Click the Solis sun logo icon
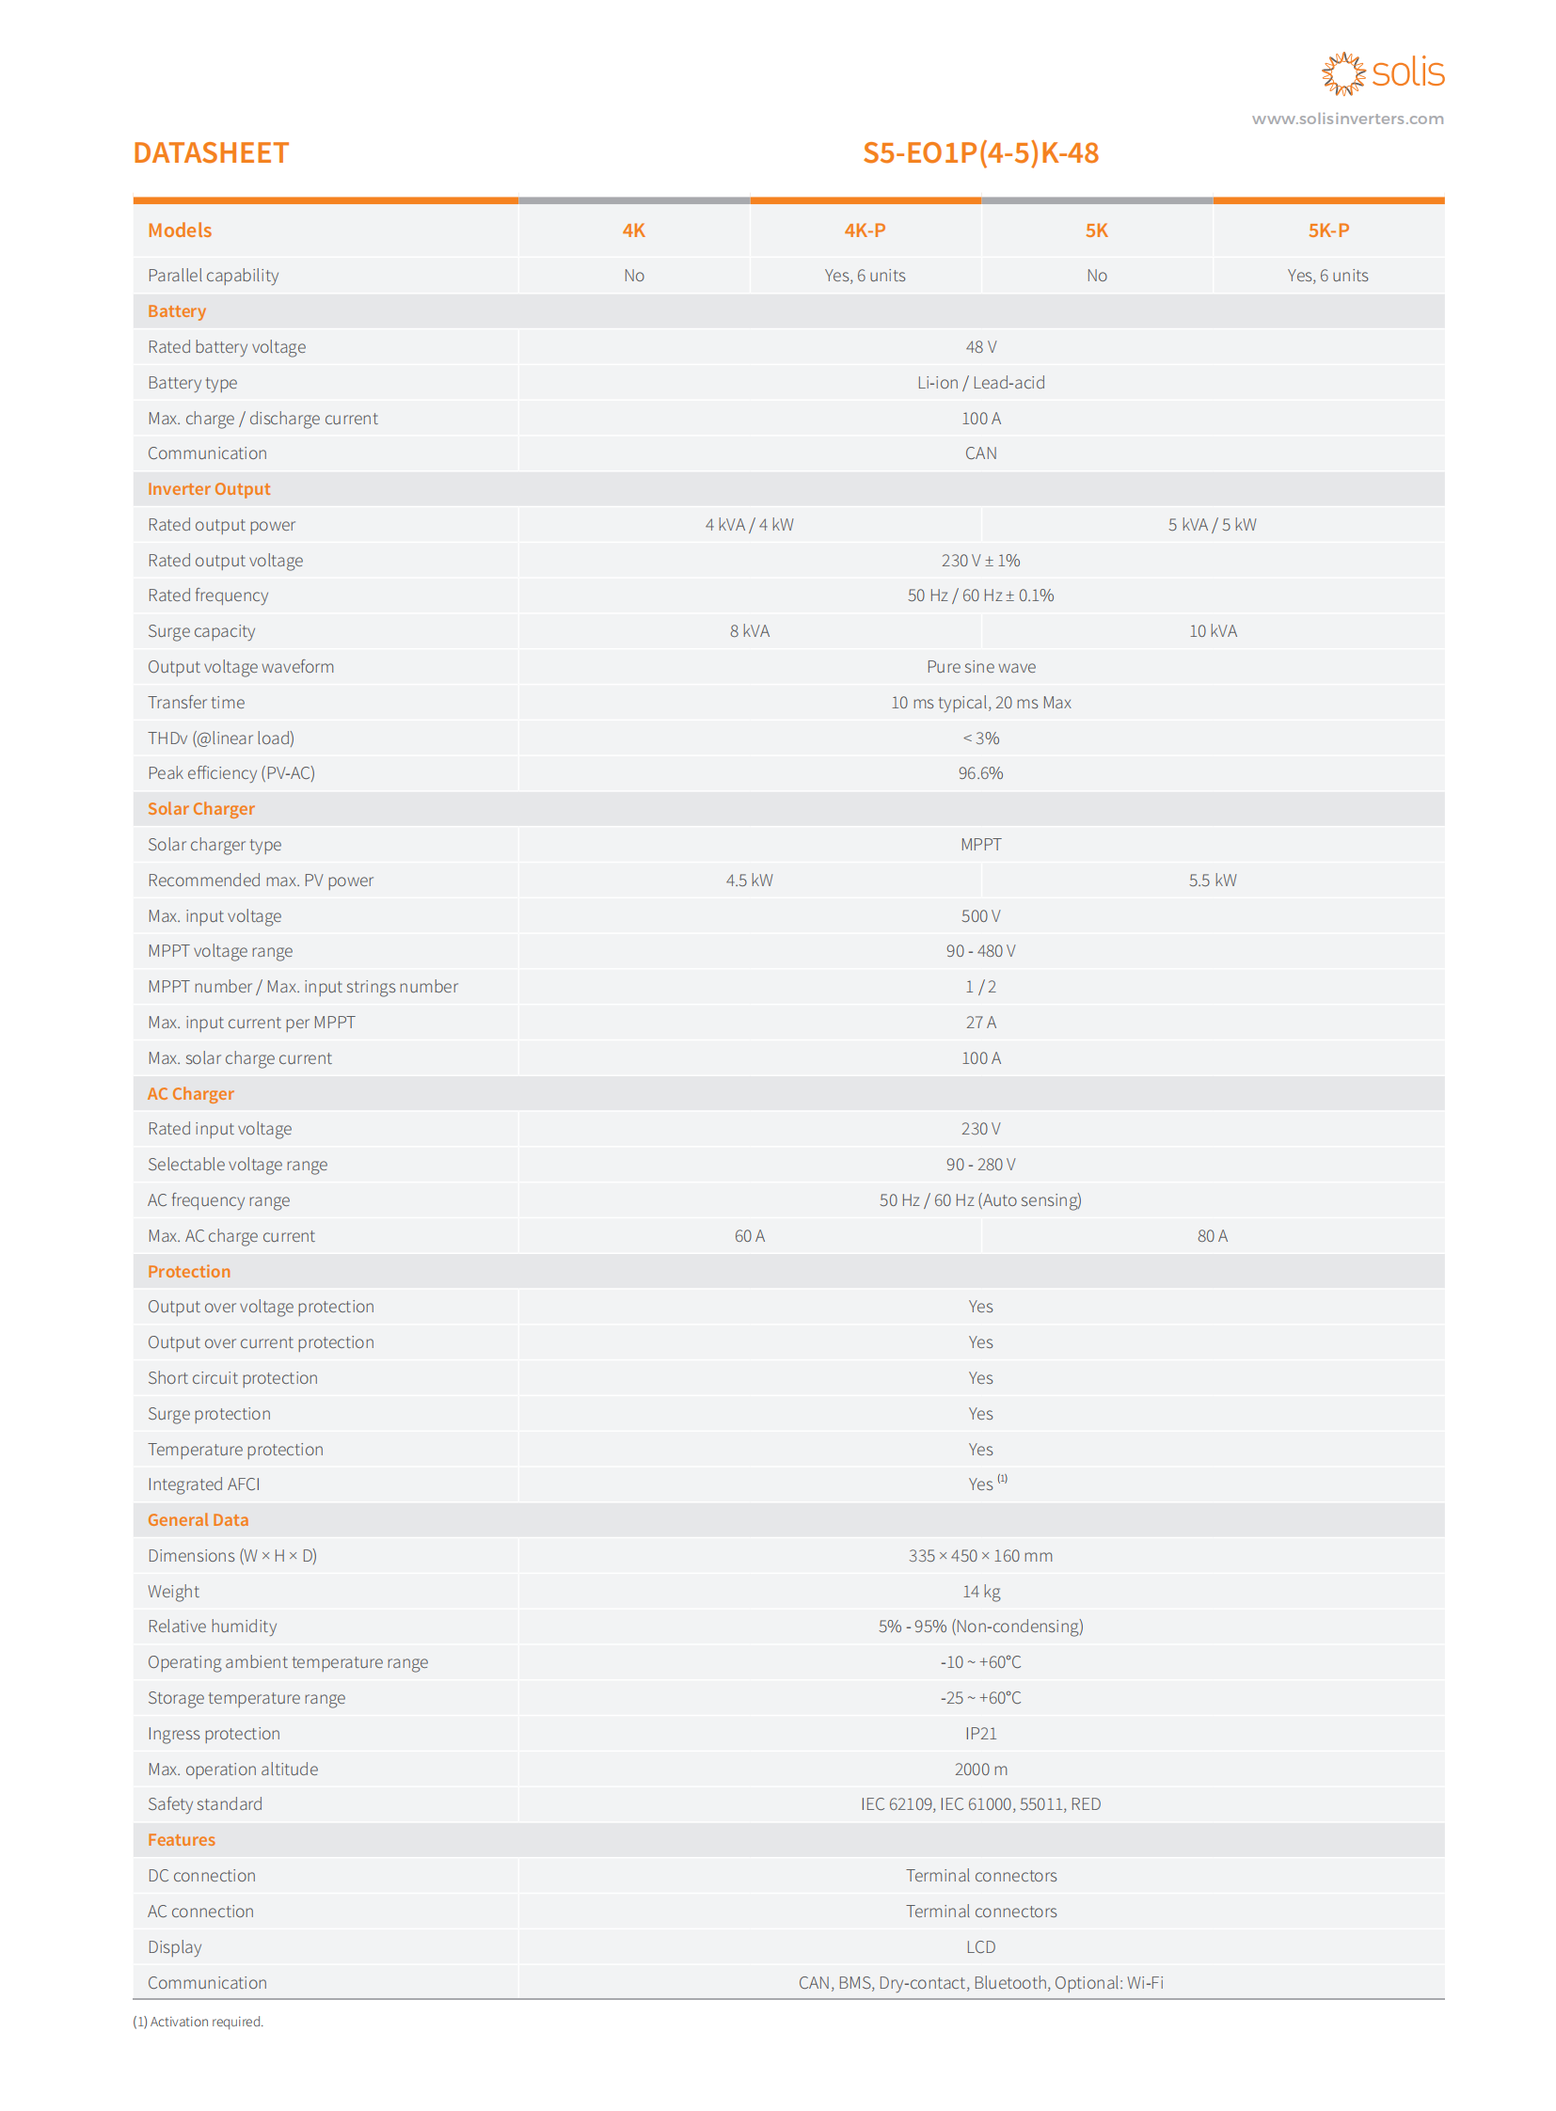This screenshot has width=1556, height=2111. click(x=1342, y=73)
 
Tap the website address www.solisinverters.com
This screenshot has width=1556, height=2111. click(x=1347, y=119)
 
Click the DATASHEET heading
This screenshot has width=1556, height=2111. click(x=211, y=152)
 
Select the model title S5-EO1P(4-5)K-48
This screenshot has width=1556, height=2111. click(x=980, y=152)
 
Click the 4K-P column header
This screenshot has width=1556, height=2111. click(x=865, y=230)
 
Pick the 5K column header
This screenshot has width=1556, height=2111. click(x=1096, y=230)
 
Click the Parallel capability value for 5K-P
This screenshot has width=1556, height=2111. click(x=1327, y=276)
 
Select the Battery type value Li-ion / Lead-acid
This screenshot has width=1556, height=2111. click(x=980, y=383)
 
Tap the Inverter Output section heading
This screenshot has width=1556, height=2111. click(x=209, y=489)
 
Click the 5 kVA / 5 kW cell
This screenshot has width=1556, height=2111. click(x=1213, y=525)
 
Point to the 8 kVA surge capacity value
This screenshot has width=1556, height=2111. click(x=749, y=631)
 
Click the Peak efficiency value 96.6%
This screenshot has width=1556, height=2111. click(x=980, y=773)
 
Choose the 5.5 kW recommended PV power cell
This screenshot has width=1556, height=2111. click(x=1213, y=880)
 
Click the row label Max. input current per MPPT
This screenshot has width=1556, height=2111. click(x=251, y=1022)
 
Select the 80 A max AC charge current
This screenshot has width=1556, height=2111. click(x=1213, y=1236)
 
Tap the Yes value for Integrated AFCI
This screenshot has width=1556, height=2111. click(x=980, y=1484)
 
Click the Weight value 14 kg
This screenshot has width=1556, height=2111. click(x=980, y=1591)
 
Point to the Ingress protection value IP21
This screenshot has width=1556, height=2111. click(x=980, y=1733)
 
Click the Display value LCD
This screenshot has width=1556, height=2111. click(x=980, y=1947)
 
